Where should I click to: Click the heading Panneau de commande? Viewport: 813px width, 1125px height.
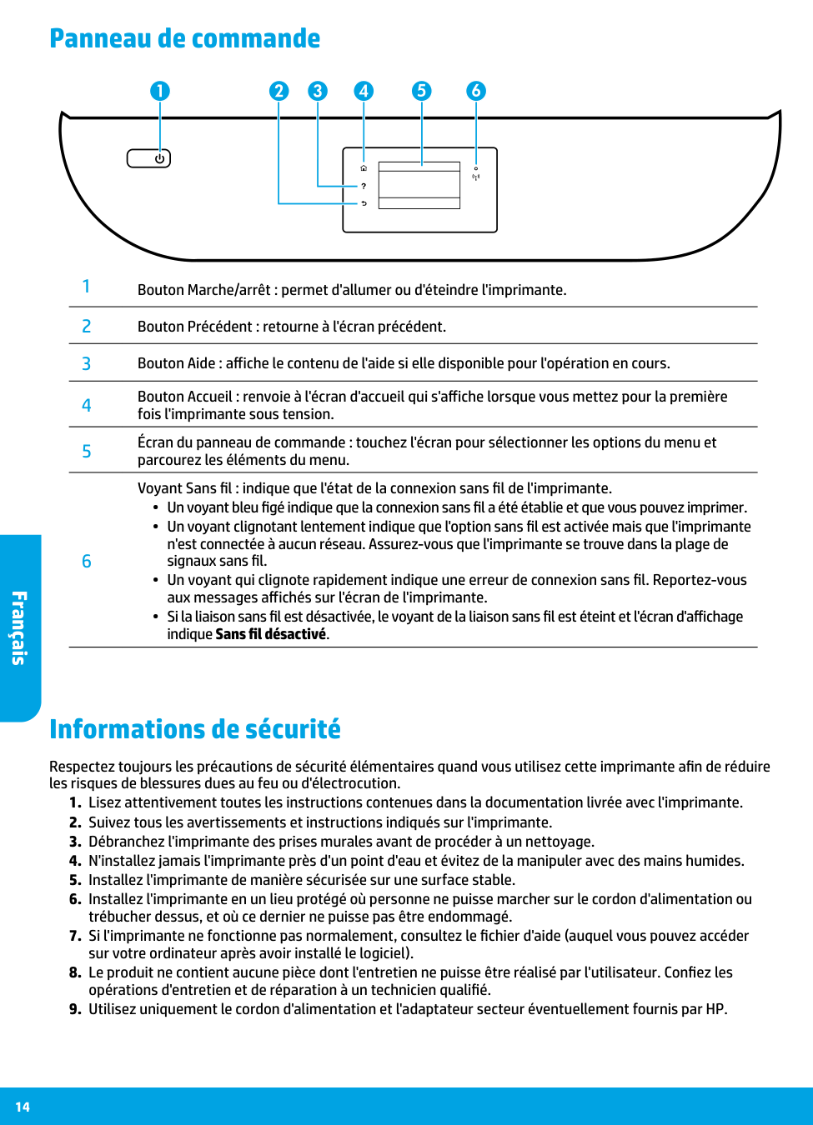[184, 38]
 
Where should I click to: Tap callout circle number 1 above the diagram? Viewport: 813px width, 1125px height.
[160, 91]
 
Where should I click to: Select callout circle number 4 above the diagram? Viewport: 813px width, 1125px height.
[364, 91]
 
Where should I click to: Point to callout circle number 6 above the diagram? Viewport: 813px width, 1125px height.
[476, 91]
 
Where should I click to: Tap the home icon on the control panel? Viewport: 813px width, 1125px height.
[364, 168]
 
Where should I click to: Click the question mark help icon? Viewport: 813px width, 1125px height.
[364, 186]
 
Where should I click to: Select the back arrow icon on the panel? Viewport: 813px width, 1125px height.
[364, 203]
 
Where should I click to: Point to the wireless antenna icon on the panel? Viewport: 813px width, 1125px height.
[476, 177]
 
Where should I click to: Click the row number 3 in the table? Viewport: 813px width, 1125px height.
[86, 364]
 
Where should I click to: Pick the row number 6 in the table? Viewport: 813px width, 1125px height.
[86, 562]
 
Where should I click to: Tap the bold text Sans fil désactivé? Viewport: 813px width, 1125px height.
[271, 634]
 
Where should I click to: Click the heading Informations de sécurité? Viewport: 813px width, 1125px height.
[195, 729]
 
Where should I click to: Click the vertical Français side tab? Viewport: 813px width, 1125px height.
[19, 627]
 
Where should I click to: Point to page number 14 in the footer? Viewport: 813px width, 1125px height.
[23, 1107]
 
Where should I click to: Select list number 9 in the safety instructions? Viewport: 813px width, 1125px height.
[74, 1009]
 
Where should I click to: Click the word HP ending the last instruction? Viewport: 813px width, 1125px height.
[715, 1009]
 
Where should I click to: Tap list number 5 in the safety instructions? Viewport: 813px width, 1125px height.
[74, 880]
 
